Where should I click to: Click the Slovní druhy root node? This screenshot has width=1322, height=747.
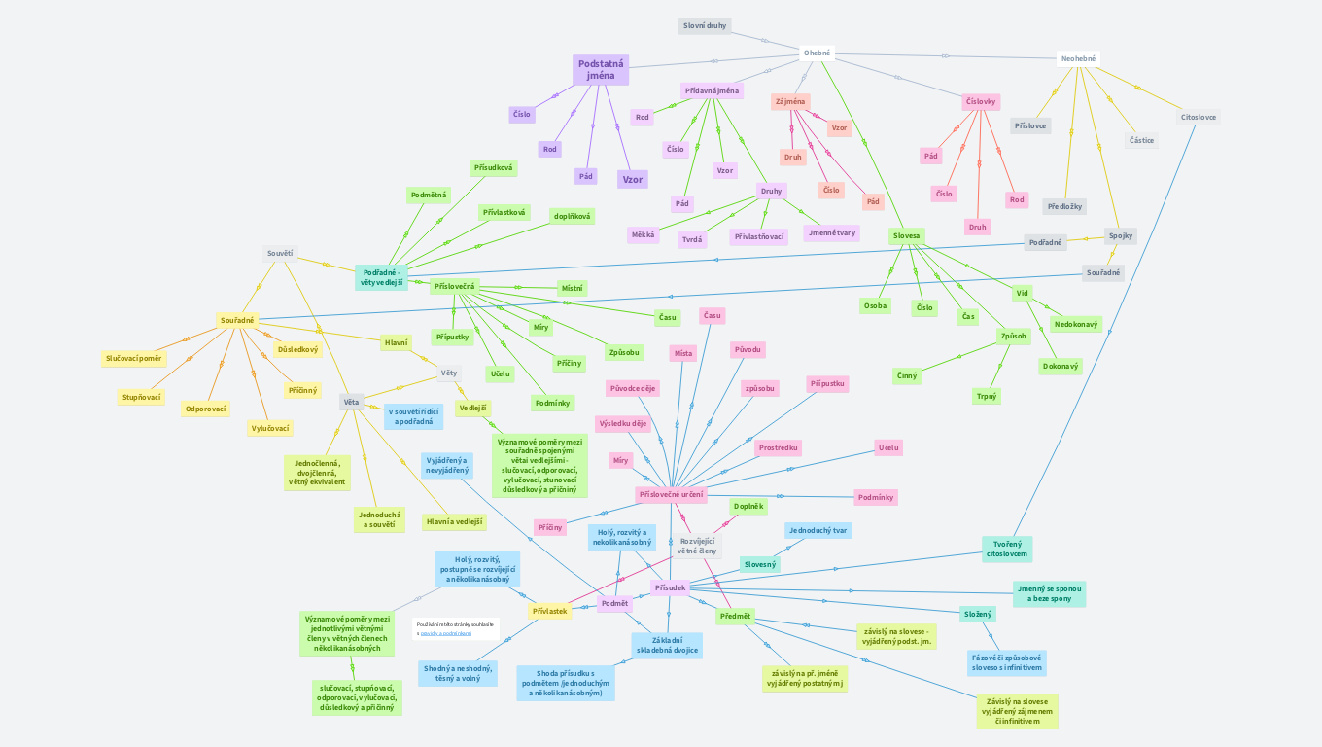pyautogui.click(x=705, y=26)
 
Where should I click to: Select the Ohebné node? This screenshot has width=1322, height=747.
pyautogui.click(x=818, y=53)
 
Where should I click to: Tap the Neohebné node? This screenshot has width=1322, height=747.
pyautogui.click(x=1078, y=58)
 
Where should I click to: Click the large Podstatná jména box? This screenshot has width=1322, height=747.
pyautogui.click(x=601, y=70)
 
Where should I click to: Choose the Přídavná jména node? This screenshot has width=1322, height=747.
pyautogui.click(x=713, y=90)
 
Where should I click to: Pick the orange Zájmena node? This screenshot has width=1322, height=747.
pyautogui.click(x=789, y=101)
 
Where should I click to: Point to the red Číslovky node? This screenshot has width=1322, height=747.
pyautogui.click(x=981, y=101)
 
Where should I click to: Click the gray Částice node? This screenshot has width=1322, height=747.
pyautogui.click(x=1141, y=140)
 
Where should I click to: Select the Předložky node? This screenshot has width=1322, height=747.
pyautogui.click(x=1064, y=206)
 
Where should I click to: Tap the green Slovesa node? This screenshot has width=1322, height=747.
pyautogui.click(x=906, y=235)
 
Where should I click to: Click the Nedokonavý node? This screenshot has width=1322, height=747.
pyautogui.click(x=1076, y=324)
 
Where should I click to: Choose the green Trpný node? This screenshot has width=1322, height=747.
pyautogui.click(x=986, y=396)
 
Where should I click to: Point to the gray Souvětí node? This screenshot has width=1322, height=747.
pyautogui.click(x=280, y=254)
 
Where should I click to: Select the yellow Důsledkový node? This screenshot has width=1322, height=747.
pyautogui.click(x=297, y=348)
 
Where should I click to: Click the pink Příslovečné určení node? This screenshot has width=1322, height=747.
pyautogui.click(x=671, y=495)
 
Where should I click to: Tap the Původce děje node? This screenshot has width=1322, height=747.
pyautogui.click(x=632, y=388)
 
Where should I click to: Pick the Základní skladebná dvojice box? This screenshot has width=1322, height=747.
pyautogui.click(x=667, y=645)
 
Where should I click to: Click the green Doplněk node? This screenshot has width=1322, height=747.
pyautogui.click(x=748, y=506)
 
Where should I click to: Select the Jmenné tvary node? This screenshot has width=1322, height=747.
pyautogui.click(x=831, y=232)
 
